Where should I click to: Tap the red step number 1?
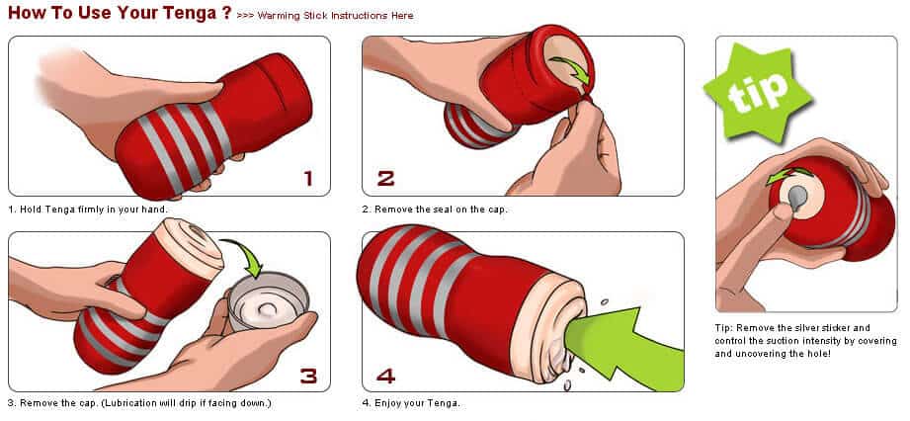pyautogui.click(x=307, y=178)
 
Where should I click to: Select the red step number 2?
pyautogui.click(x=386, y=178)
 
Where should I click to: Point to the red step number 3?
pyautogui.click(x=307, y=375)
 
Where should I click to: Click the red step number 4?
pyautogui.click(x=386, y=375)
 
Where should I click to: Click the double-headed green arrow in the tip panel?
pyautogui.click(x=786, y=176)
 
